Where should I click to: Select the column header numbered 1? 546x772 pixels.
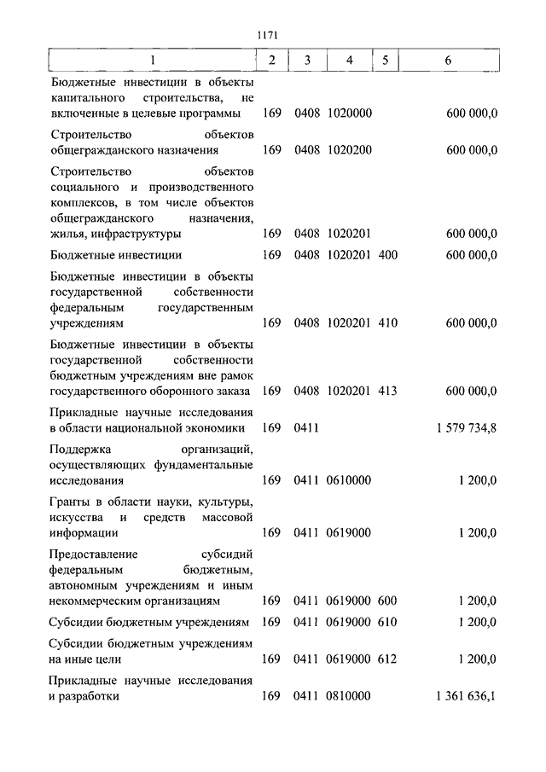(x=153, y=61)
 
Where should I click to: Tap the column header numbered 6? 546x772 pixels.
(x=448, y=61)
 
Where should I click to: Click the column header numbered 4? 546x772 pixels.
(x=350, y=61)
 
